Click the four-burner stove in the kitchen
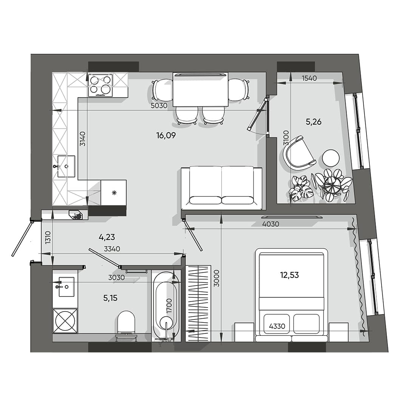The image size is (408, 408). (100, 85)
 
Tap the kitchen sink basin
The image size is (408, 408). (66, 166)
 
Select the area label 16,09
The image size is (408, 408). (166, 135)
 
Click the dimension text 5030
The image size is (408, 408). (159, 106)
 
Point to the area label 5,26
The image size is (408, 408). (313, 122)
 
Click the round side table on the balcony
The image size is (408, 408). (331, 158)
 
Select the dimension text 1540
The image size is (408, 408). (309, 79)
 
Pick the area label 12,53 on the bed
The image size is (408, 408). (289, 275)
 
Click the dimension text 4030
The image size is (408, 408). (270, 224)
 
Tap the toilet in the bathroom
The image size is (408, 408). (126, 323)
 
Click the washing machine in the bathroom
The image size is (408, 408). (65, 321)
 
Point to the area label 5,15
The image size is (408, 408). (110, 298)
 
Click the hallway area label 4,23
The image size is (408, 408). (107, 237)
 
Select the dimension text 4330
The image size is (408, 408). (277, 326)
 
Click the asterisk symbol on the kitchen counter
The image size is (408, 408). (113, 193)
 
